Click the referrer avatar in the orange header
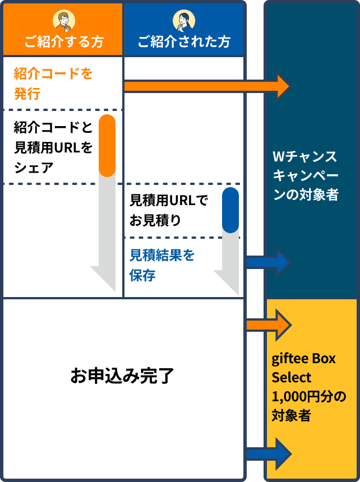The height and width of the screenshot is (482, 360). coord(63,20)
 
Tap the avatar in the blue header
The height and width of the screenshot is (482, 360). coord(184,20)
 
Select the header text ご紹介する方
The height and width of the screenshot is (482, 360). coord(63,42)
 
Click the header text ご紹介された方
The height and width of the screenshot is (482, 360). coord(184,42)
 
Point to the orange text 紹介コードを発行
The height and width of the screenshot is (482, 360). coord(53,84)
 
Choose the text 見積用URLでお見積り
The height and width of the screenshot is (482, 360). coord(168,210)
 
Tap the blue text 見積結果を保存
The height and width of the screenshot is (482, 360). coord(162,265)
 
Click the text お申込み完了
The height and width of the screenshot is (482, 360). coord(122,376)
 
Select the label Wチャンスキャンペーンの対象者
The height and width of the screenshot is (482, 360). coord(305,175)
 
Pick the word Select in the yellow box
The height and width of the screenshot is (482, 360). coord(292,377)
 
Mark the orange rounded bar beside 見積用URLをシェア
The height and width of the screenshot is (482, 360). coord(107,146)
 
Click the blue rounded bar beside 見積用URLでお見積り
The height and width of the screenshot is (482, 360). coord(230,210)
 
